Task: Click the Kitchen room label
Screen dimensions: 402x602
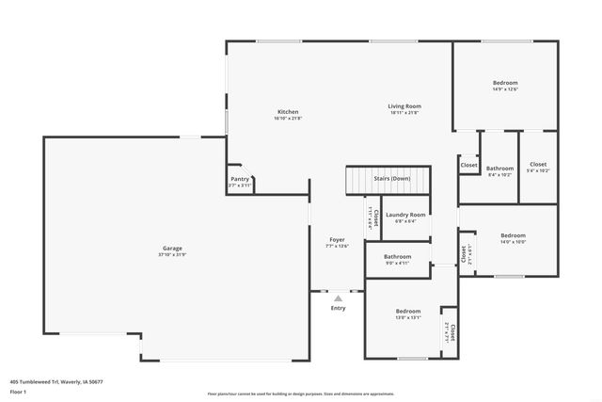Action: point(287,111)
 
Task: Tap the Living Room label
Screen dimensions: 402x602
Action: point(404,106)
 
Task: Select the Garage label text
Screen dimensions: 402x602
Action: point(172,248)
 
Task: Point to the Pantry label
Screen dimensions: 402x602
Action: point(240,179)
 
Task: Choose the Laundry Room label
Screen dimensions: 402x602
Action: point(405,215)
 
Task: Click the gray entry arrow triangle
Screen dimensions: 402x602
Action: point(339,298)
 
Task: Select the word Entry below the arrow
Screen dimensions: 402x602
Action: point(339,308)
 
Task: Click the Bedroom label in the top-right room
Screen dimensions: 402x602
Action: point(505,83)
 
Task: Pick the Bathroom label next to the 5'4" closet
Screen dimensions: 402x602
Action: point(499,169)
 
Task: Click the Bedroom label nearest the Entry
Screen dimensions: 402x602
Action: point(408,311)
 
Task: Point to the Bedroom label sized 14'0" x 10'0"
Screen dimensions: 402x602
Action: point(513,235)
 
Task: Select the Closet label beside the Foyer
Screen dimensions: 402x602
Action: point(376,218)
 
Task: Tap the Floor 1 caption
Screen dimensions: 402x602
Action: point(18,391)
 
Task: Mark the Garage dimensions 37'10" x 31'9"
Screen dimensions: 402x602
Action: point(172,255)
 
